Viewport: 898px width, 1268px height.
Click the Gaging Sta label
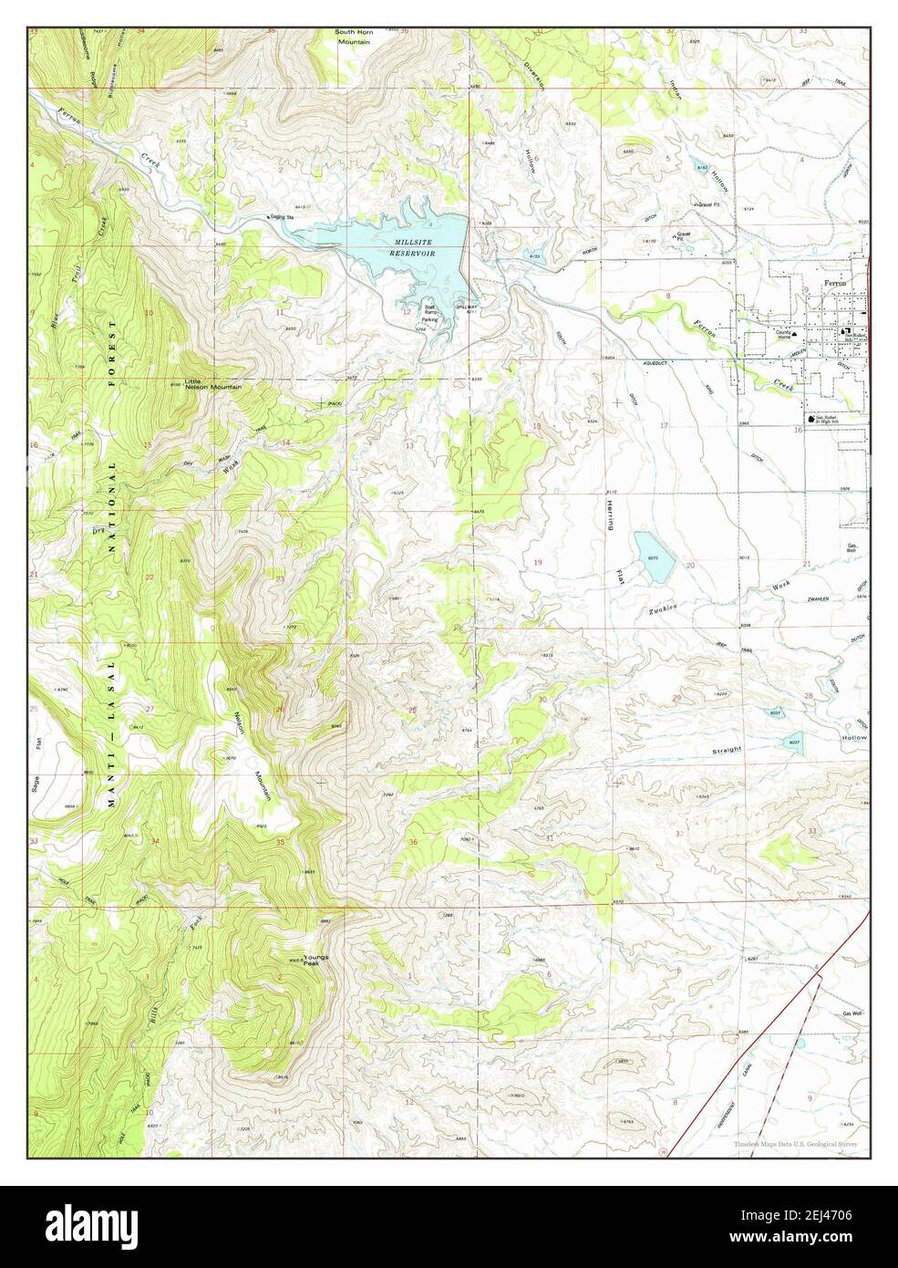click(280, 217)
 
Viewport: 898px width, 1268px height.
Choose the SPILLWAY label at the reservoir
click(467, 307)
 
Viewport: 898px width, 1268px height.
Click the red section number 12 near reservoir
click(407, 311)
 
